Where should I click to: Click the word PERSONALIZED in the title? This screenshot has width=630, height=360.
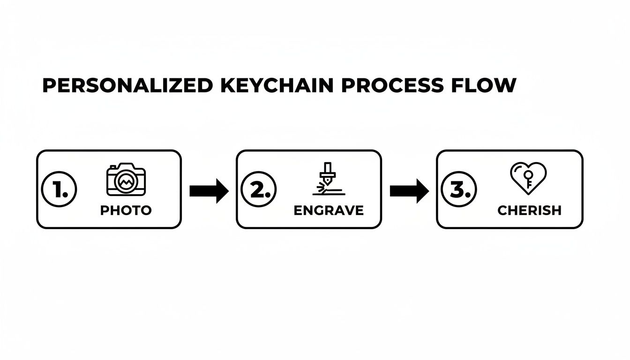coord(127,85)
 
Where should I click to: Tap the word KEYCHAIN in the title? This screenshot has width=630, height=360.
coord(277,85)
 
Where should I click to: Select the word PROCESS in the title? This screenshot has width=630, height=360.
coord(392,85)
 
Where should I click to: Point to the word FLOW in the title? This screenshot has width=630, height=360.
coord(484,85)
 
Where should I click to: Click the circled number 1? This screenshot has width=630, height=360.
coord(59,189)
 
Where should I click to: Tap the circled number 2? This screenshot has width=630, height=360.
coord(259,189)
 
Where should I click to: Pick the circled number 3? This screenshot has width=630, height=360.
coord(459,189)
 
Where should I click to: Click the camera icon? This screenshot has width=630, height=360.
coord(126,179)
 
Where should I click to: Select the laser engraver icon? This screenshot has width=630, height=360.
coord(329,179)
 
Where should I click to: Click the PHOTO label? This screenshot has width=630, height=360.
coord(126,210)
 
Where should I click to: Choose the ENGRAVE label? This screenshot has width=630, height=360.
coord(329,210)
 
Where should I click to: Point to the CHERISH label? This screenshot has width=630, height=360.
coord(530,210)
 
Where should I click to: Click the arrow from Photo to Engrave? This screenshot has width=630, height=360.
coord(209,191)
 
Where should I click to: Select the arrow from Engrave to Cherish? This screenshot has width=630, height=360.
coord(409,191)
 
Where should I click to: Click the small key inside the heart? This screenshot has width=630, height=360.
coord(528,179)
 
